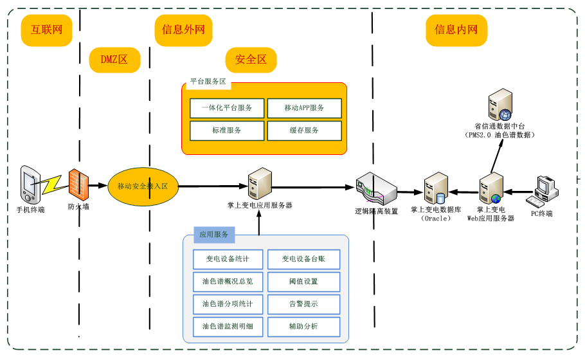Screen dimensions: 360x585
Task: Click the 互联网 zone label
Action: [46, 30]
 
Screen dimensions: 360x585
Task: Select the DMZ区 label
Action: [114, 60]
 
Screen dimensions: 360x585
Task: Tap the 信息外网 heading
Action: [183, 30]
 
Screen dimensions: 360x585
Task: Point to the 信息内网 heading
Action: [456, 30]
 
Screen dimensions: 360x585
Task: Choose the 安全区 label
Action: [250, 60]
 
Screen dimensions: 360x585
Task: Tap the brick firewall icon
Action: [78, 186]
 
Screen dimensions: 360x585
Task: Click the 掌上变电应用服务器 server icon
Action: [259, 184]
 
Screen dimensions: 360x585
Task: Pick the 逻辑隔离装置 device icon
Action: [376, 188]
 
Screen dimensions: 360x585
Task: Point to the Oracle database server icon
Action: [435, 188]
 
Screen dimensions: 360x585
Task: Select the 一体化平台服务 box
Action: [227, 108]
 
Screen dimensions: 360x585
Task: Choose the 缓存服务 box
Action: [303, 130]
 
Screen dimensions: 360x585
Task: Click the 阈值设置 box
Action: [303, 282]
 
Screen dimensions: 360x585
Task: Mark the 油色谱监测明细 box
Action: [227, 327]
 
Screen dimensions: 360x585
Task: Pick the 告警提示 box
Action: [303, 304]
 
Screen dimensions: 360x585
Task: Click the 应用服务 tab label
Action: [213, 235]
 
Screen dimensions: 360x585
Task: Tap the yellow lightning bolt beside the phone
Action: [51, 184]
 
